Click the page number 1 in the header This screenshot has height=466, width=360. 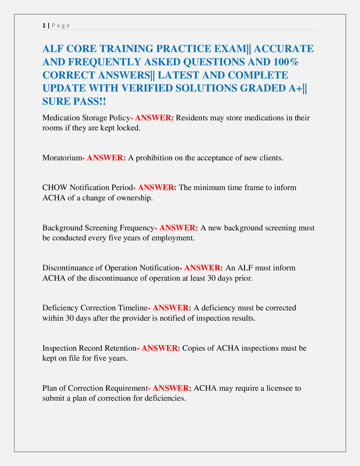click(44, 25)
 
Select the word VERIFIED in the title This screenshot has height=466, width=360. click(142, 88)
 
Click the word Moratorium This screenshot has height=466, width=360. click(62, 158)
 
